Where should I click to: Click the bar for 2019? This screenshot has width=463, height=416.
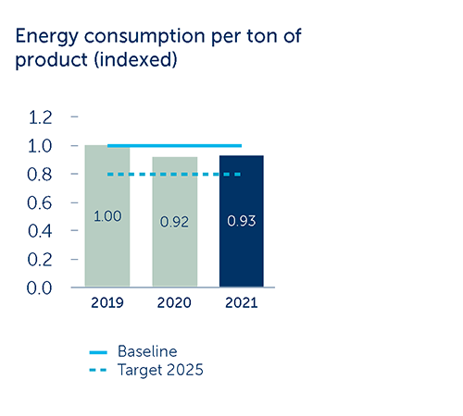click(x=107, y=215)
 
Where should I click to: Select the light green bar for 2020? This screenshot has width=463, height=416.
click(x=175, y=222)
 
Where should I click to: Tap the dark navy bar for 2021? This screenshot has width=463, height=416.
click(x=242, y=221)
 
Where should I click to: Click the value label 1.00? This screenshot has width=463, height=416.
click(x=107, y=216)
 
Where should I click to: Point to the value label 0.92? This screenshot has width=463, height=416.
click(x=174, y=222)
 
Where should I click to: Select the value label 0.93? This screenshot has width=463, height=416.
click(x=242, y=221)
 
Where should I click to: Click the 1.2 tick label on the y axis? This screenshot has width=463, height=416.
click(x=40, y=117)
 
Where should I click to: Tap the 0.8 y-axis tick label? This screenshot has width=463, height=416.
click(x=40, y=175)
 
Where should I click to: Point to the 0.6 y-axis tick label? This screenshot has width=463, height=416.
click(x=40, y=203)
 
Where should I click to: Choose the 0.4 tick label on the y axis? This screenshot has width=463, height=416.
click(x=40, y=231)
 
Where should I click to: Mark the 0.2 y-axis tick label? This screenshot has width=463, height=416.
click(x=40, y=260)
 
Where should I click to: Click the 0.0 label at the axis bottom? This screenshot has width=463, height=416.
click(x=39, y=288)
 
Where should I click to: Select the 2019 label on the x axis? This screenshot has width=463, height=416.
click(x=107, y=303)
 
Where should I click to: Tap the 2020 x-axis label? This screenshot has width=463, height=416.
click(x=174, y=303)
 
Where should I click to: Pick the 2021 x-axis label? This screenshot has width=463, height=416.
click(x=242, y=303)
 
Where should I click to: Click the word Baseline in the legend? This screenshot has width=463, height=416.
click(x=147, y=351)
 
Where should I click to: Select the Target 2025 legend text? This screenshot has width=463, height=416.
click(x=160, y=370)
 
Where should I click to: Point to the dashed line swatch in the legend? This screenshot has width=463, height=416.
click(x=98, y=370)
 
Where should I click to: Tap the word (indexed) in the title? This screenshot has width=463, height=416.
click(x=136, y=59)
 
